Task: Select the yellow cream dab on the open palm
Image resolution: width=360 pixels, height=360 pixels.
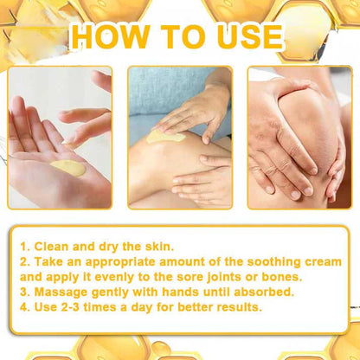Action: pyautogui.click(x=67, y=168)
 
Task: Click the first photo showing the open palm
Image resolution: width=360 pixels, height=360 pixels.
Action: pyautogui.click(x=60, y=138)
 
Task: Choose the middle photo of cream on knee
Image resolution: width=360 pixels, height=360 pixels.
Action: pyautogui.click(x=180, y=138)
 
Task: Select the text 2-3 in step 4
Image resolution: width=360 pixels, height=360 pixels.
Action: pyautogui.click(x=86, y=306)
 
